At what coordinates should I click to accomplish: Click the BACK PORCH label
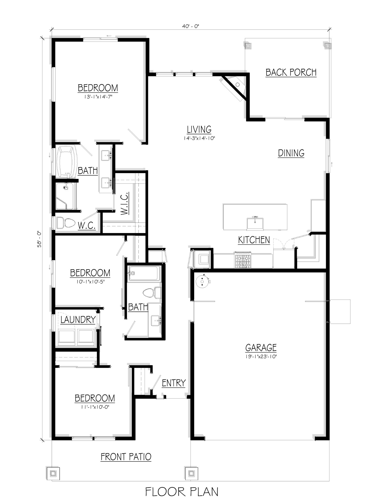[291, 73]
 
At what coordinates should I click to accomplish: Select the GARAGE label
[261, 348]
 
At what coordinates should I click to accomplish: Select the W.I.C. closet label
[125, 204]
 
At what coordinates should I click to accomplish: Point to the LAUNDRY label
[78, 320]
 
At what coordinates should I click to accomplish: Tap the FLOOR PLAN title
[182, 492]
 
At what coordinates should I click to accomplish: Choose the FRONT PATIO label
[126, 457]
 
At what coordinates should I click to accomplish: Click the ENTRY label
[174, 383]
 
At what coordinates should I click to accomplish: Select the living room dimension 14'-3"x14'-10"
[199, 138]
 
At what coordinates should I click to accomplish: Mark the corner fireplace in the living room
[234, 87]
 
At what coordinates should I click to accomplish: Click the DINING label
[291, 153]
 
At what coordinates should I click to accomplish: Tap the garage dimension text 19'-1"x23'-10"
[261, 357]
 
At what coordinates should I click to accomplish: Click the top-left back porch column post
[248, 46]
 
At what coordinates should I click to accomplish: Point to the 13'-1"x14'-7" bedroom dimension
[98, 97]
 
